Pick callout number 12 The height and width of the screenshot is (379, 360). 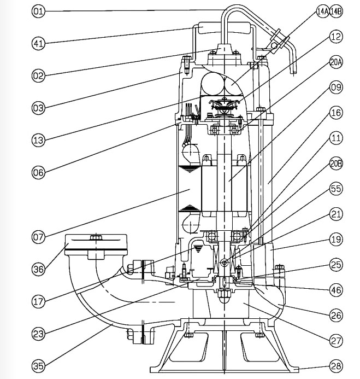[x=335, y=37]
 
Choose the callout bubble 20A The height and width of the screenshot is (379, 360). [x=336, y=62]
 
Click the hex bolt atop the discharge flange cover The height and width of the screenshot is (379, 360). [x=97, y=238]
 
